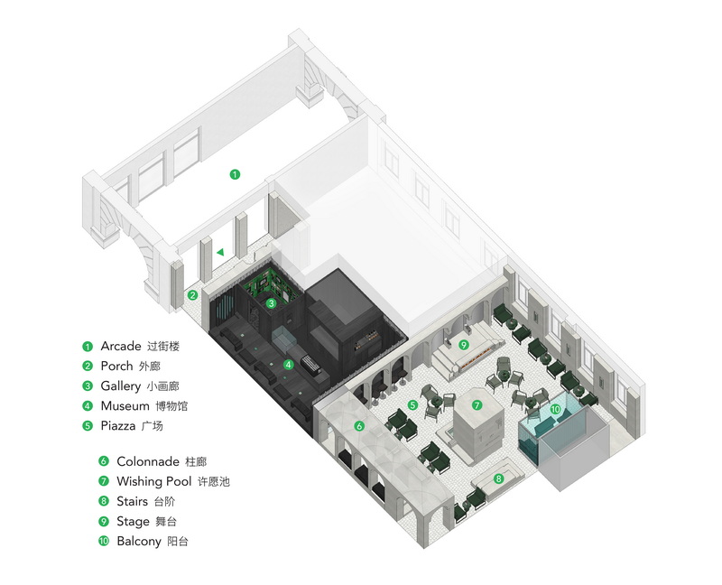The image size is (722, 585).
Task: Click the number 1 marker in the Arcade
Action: (235, 174)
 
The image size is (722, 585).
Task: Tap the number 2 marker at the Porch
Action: (193, 295)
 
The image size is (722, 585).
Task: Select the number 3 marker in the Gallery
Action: (272, 303)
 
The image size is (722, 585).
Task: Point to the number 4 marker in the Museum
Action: (288, 365)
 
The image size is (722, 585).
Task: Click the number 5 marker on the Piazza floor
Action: (412, 404)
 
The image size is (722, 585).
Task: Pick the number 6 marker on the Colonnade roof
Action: (358, 426)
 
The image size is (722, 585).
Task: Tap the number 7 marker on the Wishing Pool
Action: (477, 405)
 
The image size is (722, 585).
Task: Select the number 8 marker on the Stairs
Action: (498, 478)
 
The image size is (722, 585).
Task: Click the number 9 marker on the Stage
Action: (463, 345)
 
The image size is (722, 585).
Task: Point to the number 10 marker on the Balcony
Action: (555, 409)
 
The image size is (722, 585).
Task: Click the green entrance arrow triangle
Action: (220, 252)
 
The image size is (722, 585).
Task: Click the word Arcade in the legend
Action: (121, 347)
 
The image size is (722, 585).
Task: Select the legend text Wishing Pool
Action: (153, 481)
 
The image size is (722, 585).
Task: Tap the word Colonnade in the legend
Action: (148, 461)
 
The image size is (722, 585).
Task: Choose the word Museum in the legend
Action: (125, 406)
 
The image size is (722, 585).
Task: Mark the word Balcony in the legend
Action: (139, 542)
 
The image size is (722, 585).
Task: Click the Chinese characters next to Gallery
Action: (162, 386)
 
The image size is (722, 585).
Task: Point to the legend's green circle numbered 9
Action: (104, 522)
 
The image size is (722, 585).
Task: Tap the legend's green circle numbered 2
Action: (88, 367)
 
